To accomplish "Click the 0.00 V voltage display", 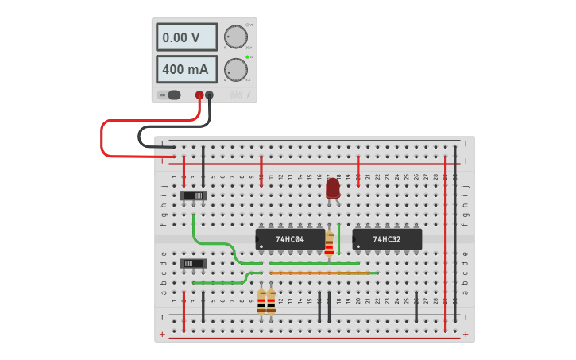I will tap(187, 37).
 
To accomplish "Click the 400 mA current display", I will tap(187, 69).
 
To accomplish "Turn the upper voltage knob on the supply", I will tap(235, 37).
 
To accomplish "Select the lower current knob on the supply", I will tap(235, 69).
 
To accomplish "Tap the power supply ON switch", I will tap(170, 95).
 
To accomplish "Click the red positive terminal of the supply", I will tap(199, 95).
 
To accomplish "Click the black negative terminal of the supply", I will tap(210, 95).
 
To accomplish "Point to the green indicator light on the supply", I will tap(248, 57).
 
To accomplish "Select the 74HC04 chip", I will tap(290, 238).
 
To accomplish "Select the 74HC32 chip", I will tap(387, 238).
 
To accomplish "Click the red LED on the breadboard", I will tap(333, 188).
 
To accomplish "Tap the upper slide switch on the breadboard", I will tap(194, 195).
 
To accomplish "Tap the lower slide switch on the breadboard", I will tap(194, 263).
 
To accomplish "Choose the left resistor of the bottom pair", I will tap(261, 301).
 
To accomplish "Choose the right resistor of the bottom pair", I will tap(271, 301).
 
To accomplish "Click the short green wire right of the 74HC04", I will tap(339, 237).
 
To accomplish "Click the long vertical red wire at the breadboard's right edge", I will tap(446, 238).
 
